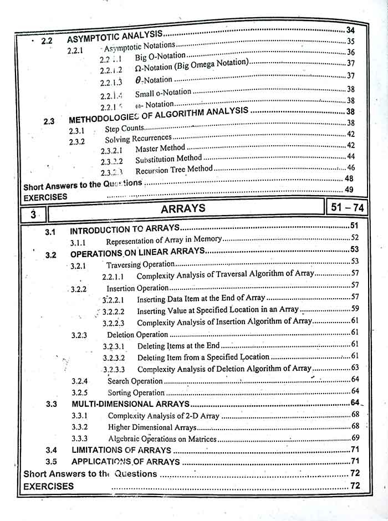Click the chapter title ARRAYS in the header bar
pyautogui.click(x=183, y=209)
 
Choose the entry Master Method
pyautogui.click(x=160, y=148)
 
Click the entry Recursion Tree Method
pyautogui.click(x=173, y=168)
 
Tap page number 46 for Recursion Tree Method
pyautogui.click(x=350, y=167)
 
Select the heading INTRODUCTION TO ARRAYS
pyautogui.click(x=125, y=228)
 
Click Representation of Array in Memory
pyautogui.click(x=164, y=240)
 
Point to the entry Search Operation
pyautogui.click(x=135, y=381)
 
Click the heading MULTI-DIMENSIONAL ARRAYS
pyautogui.click(x=131, y=404)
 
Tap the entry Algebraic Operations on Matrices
pyautogui.click(x=162, y=439)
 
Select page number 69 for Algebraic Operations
pyautogui.click(x=355, y=438)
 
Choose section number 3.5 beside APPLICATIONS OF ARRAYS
pyautogui.click(x=52, y=461)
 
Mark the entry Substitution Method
pyautogui.click(x=169, y=159)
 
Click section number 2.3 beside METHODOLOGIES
pyautogui.click(x=49, y=121)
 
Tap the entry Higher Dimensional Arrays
pyautogui.click(x=152, y=427)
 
